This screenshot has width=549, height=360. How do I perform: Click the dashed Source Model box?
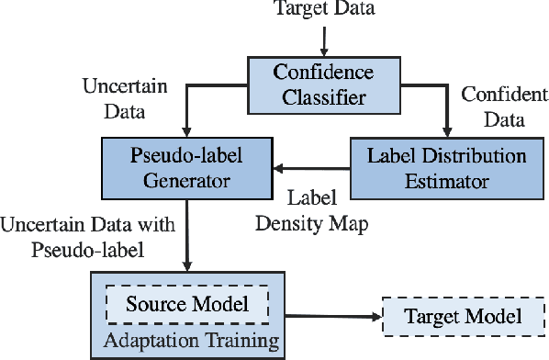(186, 302)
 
